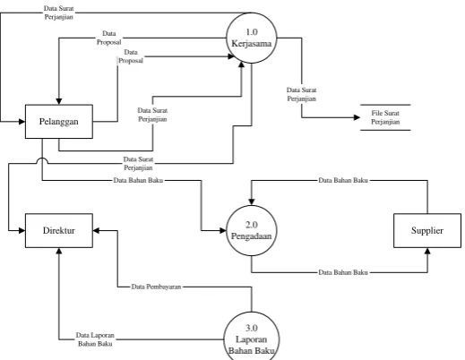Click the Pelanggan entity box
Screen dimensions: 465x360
coord(59,122)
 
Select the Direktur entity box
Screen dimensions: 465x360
coord(59,230)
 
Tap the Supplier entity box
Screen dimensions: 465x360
coord(427,230)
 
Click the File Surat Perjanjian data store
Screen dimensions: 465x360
coord(385,117)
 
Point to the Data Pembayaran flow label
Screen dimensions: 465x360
coord(156,287)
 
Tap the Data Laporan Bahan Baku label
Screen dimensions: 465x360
coord(95,339)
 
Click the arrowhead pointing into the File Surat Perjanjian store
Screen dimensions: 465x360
coord(357,117)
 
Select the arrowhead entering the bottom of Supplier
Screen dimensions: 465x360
coord(427,251)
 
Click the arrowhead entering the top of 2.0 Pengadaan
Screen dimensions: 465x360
coord(252,201)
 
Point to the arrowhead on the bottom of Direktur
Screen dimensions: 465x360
coord(59,251)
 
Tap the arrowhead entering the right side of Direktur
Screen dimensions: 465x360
coord(96,230)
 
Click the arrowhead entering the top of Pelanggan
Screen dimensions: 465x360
coord(59,101)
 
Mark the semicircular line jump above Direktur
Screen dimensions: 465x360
coord(42,159)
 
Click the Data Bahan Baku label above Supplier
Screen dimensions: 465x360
coord(343,180)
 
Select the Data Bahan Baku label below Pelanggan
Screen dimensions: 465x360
coord(138,180)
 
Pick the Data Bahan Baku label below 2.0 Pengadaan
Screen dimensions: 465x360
coord(343,272)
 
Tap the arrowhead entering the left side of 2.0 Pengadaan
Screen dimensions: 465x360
coord(223,230)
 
